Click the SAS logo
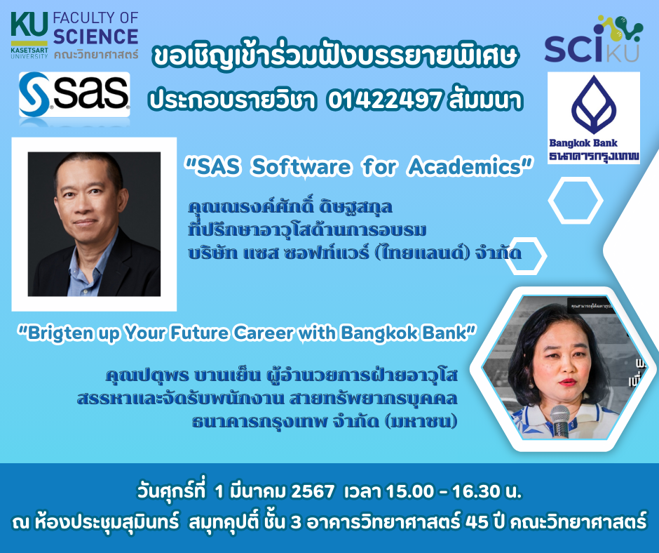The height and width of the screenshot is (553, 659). coord(74,94)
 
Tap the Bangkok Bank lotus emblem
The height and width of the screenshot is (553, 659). coord(593,105)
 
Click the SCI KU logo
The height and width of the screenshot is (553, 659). coord(593,39)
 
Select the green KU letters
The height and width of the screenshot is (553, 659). coord(29,25)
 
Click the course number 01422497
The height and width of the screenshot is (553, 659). coord(384,100)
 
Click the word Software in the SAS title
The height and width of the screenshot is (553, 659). coord(301,166)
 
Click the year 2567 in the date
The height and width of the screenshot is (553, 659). coord(313,491)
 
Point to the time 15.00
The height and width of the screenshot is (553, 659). coord(410,491)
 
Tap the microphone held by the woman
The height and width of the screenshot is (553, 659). coord(560,421)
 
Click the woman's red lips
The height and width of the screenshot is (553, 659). coord(567,382)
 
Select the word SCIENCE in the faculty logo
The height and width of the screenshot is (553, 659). coord(96,36)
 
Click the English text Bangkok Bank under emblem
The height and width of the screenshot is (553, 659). coord(583,143)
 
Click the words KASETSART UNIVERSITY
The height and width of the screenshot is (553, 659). coord(29,53)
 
